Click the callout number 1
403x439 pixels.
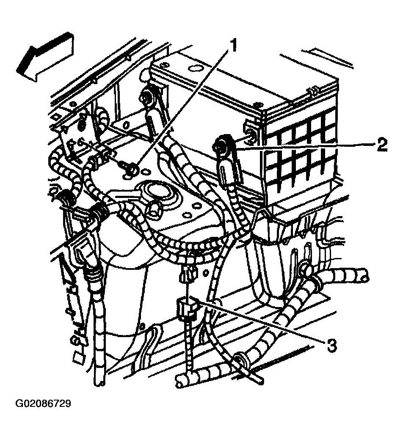click(232, 46)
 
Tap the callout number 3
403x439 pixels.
click(331, 346)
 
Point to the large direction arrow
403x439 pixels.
click(45, 58)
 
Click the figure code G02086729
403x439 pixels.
click(43, 404)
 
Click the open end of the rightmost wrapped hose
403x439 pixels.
click(364, 278)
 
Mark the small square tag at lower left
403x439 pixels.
click(78, 358)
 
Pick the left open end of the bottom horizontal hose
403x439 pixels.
click(179, 382)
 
